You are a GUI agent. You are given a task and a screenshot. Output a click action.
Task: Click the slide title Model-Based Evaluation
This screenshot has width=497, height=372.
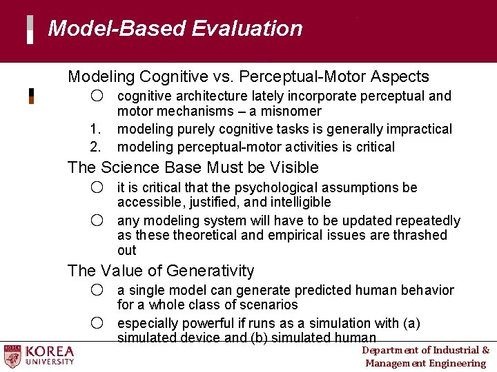point(175,29)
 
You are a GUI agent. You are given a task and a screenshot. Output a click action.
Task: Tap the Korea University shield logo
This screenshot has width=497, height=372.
point(13,355)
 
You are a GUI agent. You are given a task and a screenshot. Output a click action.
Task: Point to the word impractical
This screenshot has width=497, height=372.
point(417,129)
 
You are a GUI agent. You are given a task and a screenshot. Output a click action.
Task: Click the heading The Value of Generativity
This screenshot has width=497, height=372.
point(161,271)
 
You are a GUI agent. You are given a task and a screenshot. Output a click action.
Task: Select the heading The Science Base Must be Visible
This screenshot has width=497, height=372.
point(193,167)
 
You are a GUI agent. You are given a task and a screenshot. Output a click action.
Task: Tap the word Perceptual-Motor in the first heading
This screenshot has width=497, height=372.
point(315,76)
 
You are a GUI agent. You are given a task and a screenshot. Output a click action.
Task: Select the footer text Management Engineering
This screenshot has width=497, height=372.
point(425,363)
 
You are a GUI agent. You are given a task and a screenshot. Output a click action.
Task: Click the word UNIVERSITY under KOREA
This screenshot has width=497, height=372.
point(50,362)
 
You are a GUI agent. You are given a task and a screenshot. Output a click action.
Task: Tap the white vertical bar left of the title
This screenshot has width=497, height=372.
point(30,30)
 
